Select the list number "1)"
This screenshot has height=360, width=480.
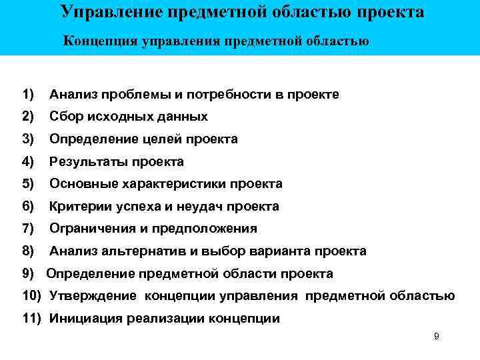(27, 95)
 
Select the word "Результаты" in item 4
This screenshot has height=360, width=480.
(87, 162)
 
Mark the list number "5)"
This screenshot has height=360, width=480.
(27, 184)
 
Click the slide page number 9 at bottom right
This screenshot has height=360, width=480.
(436, 336)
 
